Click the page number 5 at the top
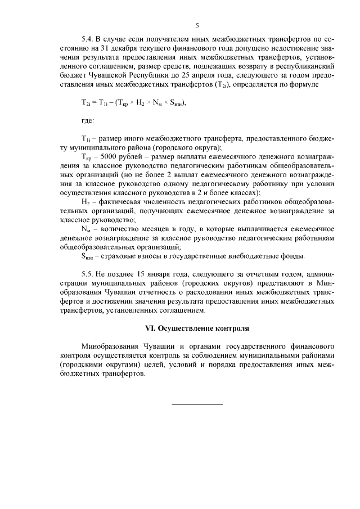pyautogui.click(x=197, y=25)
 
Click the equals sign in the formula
pyautogui.click(x=93, y=102)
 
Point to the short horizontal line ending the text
pyautogui.click(x=197, y=404)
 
